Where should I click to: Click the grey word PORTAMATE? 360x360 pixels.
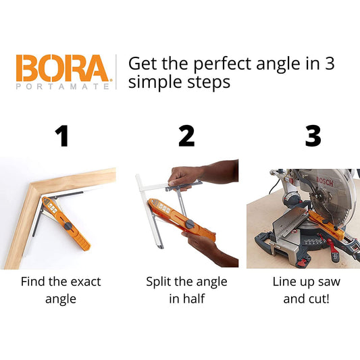coord(63,86)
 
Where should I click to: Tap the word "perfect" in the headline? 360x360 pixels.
coord(222,65)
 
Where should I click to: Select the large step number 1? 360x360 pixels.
coord(61,136)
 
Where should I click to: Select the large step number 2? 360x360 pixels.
coord(186,136)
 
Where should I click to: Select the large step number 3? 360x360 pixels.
coord(313,136)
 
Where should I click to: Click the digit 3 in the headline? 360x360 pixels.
coord(329,63)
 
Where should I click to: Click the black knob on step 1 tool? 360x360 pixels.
coord(69,226)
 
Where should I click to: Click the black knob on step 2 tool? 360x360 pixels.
coord(190,224)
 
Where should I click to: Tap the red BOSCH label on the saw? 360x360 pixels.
coord(325,182)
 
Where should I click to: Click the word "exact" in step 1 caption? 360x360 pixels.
coord(86,282)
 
